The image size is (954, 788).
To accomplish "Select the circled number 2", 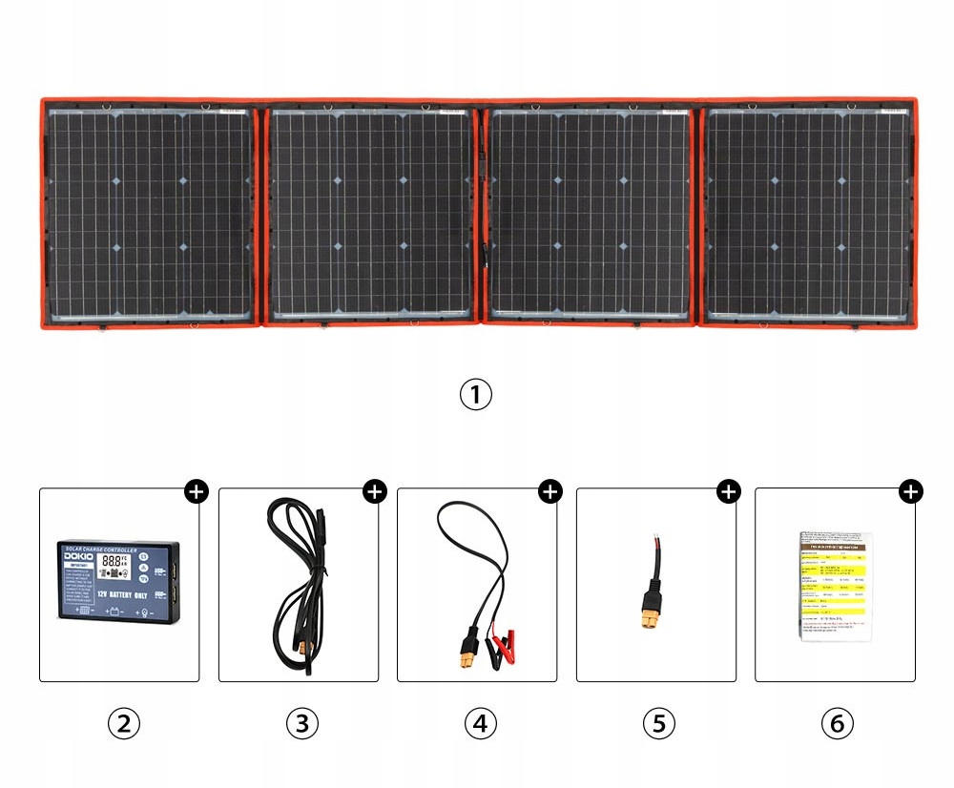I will point(123,723).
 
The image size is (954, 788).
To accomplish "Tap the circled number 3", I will point(301,723).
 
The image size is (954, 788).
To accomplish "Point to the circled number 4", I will point(480,723).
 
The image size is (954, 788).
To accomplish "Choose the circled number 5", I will point(658,723).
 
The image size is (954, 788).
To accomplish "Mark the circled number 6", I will point(837,723).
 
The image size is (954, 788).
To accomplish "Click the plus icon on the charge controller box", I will point(196,492).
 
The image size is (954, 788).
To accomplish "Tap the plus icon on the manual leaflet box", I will point(911,492).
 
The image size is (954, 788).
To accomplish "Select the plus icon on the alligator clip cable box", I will point(550,492).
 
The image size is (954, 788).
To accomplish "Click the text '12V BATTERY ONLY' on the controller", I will point(121,594).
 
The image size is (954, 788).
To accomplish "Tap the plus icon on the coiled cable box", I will point(374,492).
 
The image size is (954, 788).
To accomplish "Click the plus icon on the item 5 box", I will point(729,492).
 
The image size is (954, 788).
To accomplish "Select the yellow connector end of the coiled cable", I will point(306,649).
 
